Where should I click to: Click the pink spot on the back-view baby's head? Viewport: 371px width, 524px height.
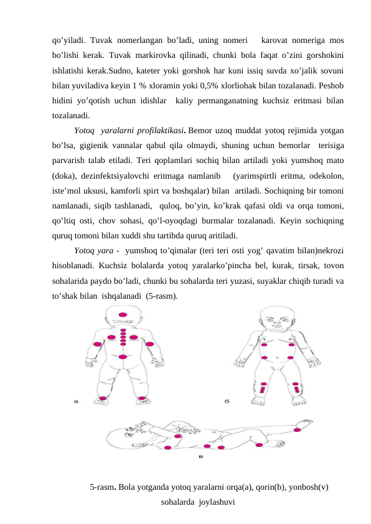[x=123, y=314]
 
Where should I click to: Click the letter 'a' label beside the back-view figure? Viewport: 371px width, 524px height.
[x=77, y=402]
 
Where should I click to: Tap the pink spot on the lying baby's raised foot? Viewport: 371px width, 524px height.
[x=298, y=429]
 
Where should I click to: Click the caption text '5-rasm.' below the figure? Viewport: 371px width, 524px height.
[x=103, y=487]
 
